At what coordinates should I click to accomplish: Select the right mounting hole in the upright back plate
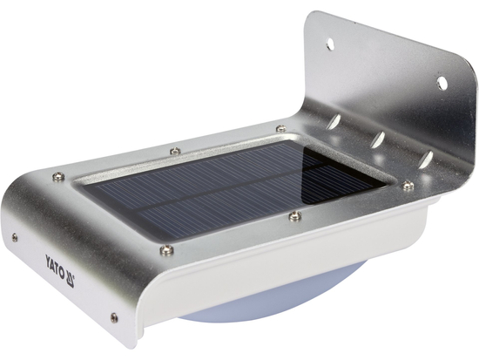[x=442, y=83]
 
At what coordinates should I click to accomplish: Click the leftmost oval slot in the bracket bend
[x=334, y=123]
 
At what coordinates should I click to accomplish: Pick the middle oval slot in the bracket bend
[x=378, y=139]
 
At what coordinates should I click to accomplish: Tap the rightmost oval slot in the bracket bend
[x=425, y=160]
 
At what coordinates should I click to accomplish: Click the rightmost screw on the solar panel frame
[x=407, y=185]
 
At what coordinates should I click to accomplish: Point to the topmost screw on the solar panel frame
[x=280, y=129]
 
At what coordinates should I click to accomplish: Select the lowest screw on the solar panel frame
[x=166, y=250]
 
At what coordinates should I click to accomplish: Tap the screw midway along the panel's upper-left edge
[x=174, y=151]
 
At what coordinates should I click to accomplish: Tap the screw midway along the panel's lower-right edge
[x=295, y=215]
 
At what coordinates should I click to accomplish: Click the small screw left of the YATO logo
[x=14, y=235]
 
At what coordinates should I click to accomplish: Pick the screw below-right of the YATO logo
[x=113, y=317]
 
